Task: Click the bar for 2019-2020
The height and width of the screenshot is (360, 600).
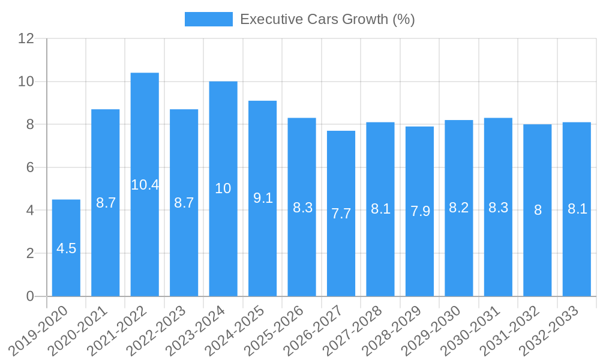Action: [66, 270]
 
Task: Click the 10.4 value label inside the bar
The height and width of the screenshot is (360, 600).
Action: [145, 185]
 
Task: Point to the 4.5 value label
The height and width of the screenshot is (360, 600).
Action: [66, 248]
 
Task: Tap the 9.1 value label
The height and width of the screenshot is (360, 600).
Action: [263, 198]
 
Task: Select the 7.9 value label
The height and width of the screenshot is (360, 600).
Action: [420, 211]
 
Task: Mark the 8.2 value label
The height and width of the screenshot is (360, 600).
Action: [459, 208]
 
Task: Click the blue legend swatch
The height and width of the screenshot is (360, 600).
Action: [208, 19]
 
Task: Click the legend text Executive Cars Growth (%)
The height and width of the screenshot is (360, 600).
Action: [327, 19]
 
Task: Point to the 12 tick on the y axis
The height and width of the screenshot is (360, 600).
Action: [26, 38]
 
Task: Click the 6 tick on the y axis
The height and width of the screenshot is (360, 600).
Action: [30, 167]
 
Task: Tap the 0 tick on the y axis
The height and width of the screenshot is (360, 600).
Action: [30, 296]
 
